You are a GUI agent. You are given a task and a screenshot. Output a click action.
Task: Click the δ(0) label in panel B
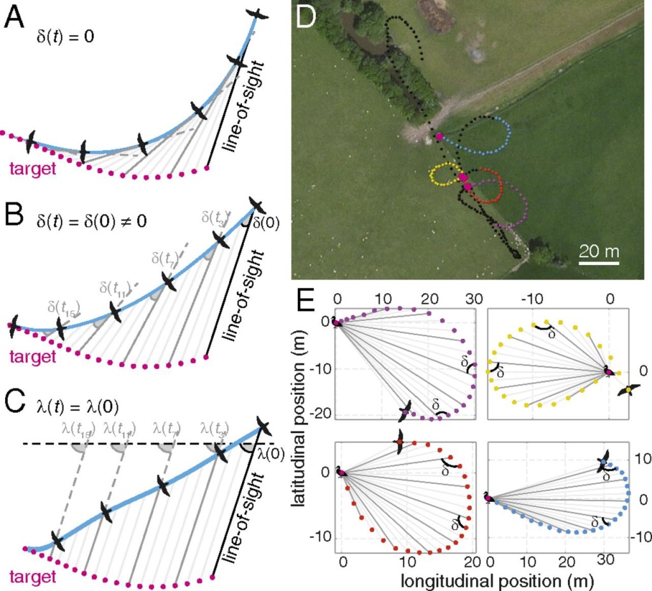pos(266,224)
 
